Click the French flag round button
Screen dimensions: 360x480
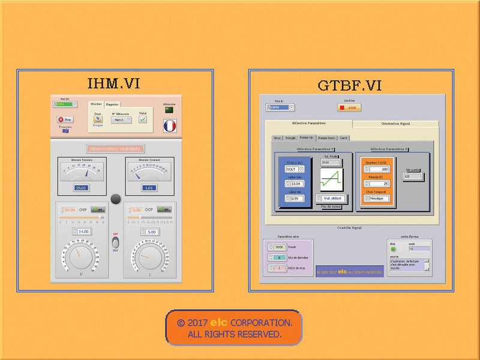click(x=170, y=125)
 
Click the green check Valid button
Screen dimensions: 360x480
click(x=143, y=119)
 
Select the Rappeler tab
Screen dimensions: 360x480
click(x=112, y=104)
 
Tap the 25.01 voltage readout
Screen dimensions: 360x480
click(x=82, y=188)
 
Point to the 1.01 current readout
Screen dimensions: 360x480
click(x=149, y=188)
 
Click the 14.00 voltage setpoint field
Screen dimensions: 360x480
click(x=83, y=231)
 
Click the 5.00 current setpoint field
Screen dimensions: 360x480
click(x=151, y=231)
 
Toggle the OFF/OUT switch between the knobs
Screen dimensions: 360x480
click(x=116, y=242)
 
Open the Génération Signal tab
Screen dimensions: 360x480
click(x=395, y=124)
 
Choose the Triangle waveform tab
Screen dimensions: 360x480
click(x=290, y=137)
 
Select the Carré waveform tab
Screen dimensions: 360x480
click(x=344, y=137)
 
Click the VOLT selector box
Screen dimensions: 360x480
click(x=292, y=169)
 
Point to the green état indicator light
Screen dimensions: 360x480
click(x=394, y=249)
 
